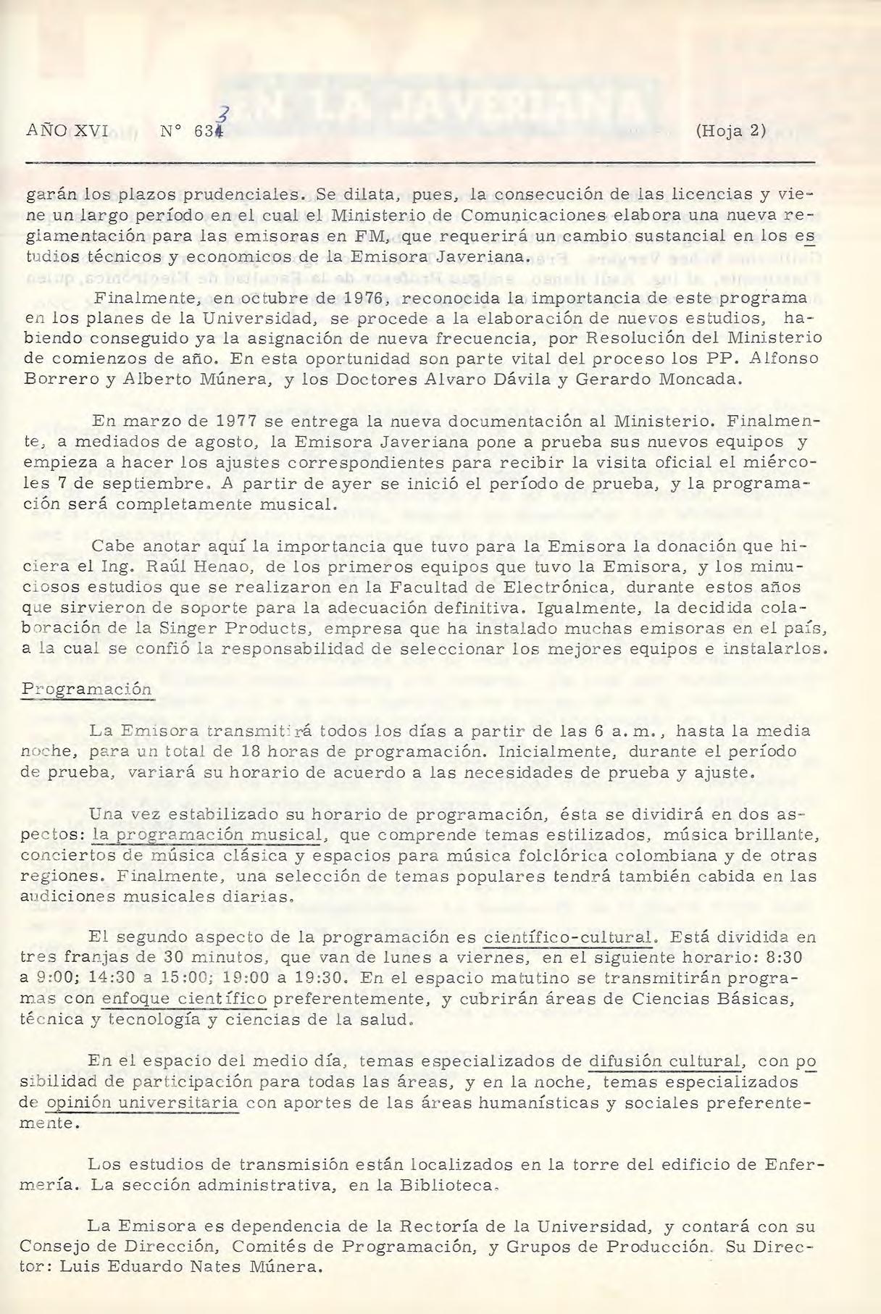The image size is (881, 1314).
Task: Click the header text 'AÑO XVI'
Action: (66, 131)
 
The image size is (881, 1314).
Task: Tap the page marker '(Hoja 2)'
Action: (730, 131)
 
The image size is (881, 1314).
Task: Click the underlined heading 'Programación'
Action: (86, 688)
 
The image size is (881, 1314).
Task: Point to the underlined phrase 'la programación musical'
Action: (207, 834)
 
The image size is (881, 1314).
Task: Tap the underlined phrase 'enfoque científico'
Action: (185, 999)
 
